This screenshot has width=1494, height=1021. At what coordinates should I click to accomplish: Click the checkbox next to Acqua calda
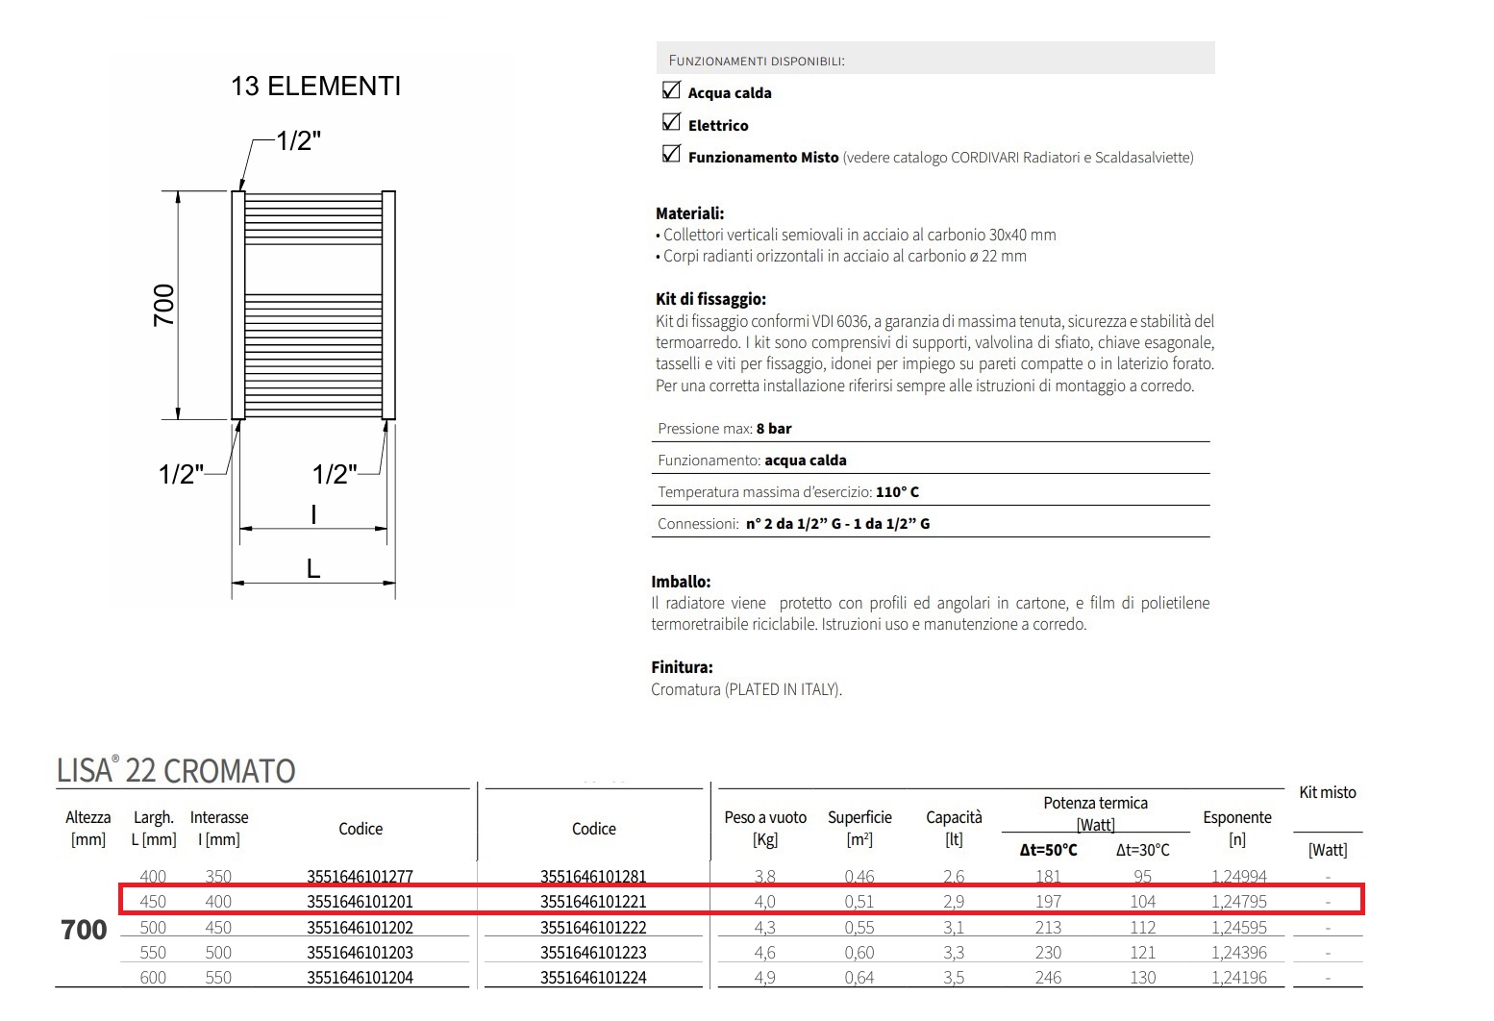pos(671,90)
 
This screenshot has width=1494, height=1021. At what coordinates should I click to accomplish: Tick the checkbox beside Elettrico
pos(671,122)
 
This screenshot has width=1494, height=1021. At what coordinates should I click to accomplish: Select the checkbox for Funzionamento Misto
pos(671,155)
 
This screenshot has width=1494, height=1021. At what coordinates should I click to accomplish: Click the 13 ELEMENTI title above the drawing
pos(315,87)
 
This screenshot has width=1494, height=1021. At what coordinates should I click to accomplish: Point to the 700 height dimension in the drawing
pos(164,305)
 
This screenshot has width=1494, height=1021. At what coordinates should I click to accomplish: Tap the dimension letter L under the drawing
pos(313,569)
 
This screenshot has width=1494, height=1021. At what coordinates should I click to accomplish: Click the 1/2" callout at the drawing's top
pos(298,141)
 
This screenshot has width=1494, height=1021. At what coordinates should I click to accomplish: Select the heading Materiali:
pos(689,213)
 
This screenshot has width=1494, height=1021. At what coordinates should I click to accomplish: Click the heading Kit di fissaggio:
pos(710,299)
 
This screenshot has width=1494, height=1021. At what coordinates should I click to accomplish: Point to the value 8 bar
pos(774,429)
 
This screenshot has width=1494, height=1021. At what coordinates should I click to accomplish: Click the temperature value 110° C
pos(897,492)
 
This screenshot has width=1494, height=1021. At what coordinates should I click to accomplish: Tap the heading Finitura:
pos(682,667)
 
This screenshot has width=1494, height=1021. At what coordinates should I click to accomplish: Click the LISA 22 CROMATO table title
pos(176,771)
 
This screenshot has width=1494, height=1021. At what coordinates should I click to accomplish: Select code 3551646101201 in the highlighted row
pos(361,902)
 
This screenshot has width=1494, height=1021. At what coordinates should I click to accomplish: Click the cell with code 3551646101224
pos(593,978)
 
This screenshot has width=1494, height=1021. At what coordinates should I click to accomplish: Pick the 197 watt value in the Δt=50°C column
pos(1048,902)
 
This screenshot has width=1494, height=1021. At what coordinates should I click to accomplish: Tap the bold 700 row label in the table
pos(84,930)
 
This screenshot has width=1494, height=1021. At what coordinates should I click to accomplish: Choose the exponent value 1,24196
pos(1236,978)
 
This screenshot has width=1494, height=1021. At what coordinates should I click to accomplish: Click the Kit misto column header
pos(1327,792)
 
